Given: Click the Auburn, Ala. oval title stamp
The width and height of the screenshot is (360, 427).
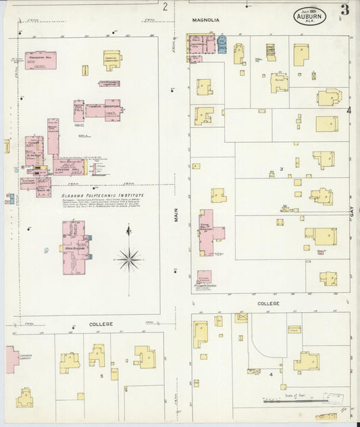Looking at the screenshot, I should [309, 16].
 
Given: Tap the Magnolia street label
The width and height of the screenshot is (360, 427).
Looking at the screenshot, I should [205, 20].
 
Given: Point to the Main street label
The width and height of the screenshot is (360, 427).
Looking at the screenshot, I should [176, 216].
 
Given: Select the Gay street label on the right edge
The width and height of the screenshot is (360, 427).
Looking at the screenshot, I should [352, 211].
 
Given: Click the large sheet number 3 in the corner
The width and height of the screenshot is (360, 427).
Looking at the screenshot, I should [345, 9].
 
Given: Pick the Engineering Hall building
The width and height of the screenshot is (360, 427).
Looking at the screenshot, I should [41, 60].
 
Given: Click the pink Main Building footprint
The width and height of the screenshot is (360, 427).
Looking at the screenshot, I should [73, 247].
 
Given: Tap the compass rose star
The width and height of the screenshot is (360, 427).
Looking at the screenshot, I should [128, 258].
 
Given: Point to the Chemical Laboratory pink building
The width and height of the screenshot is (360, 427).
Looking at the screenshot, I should [103, 109].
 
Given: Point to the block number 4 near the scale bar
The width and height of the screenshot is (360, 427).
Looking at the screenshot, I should [271, 374].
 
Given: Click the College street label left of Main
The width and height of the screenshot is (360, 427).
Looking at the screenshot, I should [101, 324].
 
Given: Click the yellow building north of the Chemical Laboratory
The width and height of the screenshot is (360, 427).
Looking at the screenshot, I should [112, 59].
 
